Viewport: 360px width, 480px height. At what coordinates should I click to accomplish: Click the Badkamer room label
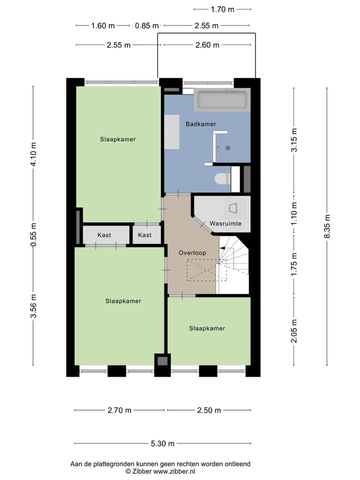coord(200,124)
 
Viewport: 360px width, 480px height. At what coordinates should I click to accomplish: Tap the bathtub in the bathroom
coord(221,99)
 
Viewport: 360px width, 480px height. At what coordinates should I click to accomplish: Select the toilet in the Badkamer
coord(221,179)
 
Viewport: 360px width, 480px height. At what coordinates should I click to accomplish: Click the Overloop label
coord(192,253)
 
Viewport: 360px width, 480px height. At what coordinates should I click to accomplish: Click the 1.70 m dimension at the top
coord(222,9)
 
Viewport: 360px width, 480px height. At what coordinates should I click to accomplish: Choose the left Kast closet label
coord(104,234)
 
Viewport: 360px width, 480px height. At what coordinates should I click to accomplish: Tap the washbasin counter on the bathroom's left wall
coord(172,131)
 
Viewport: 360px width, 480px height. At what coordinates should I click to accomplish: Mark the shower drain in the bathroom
coord(228,148)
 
